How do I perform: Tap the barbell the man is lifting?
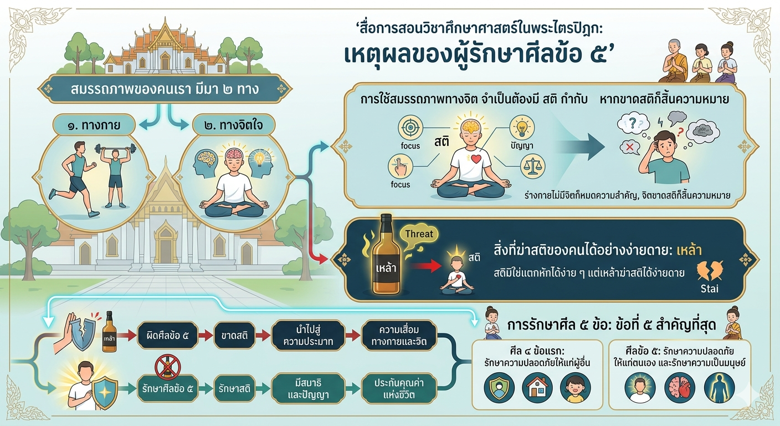pos(115,149)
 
